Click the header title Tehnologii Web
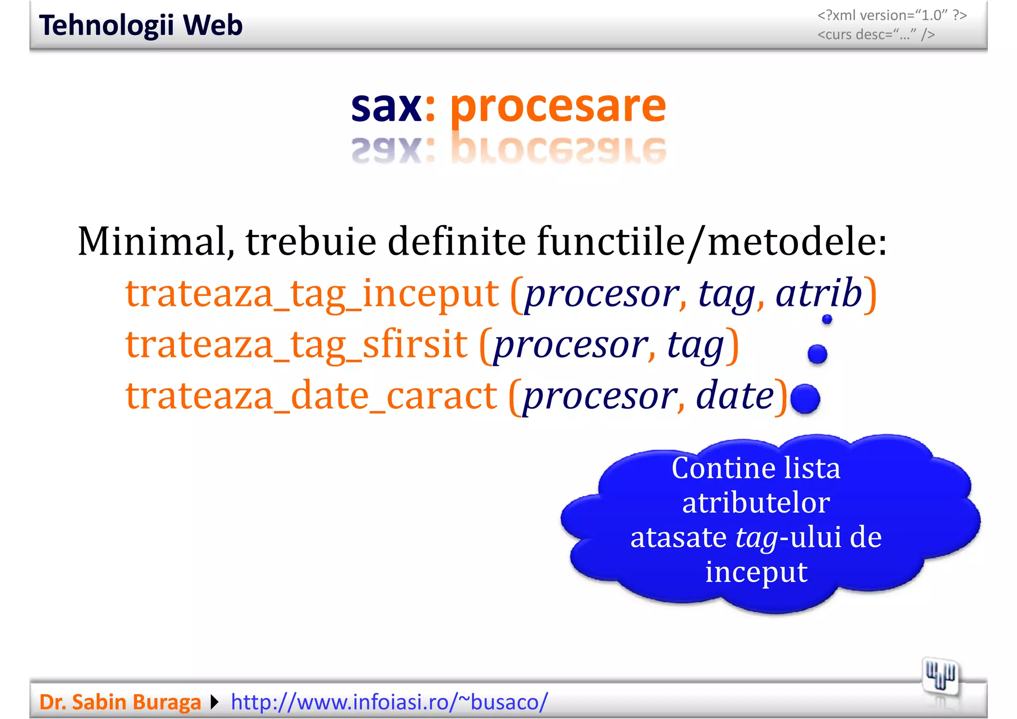[x=141, y=25]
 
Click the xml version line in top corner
[x=892, y=15]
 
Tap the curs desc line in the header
[x=876, y=35]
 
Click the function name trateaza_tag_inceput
[x=312, y=294]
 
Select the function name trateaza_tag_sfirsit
[x=296, y=345]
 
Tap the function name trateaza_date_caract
[x=311, y=396]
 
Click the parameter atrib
[x=819, y=293]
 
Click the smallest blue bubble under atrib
[x=827, y=319]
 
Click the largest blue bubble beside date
[x=805, y=399]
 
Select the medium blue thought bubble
[x=817, y=354]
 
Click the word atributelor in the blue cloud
[x=756, y=503]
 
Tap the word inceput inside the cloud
[x=756, y=572]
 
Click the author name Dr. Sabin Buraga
[x=120, y=702]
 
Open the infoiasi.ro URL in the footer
[x=389, y=702]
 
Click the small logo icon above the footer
[x=940, y=676]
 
